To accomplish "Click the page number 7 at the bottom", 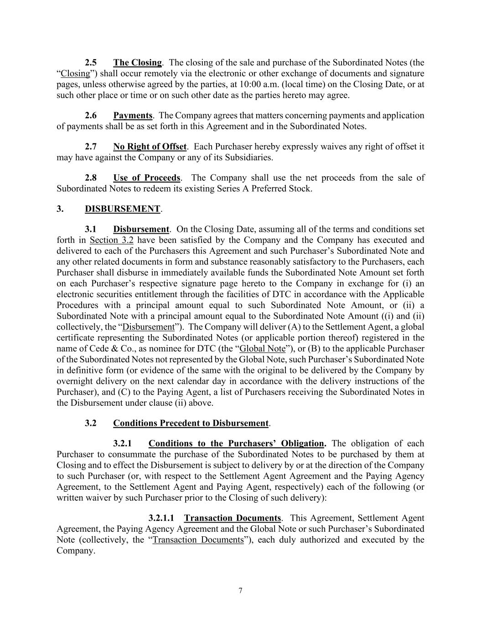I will tap(240, 591).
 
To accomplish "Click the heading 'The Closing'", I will tap(137, 63).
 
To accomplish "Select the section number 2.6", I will tap(91, 115).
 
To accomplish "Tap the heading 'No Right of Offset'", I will tap(150, 147).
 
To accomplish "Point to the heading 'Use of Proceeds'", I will tap(147, 178).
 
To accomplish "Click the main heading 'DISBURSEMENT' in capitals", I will tap(122, 209).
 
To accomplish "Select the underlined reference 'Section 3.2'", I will tap(111, 240).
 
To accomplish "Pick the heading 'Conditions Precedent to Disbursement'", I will tap(191, 423).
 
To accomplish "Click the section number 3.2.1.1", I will tap(161, 518).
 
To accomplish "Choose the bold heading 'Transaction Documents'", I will tap(232, 518).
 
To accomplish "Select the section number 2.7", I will tap(91, 147).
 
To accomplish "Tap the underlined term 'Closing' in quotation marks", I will tap(75, 73).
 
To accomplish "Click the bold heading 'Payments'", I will tap(133, 115).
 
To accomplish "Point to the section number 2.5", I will tap(91, 63).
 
